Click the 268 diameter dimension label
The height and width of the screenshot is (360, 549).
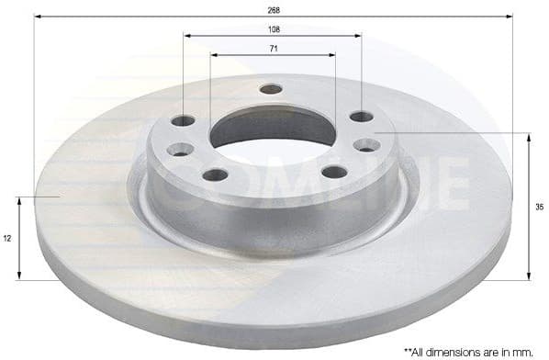[x=273, y=9]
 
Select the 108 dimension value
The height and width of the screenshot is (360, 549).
[x=273, y=29]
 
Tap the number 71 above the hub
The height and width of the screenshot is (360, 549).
[x=273, y=48]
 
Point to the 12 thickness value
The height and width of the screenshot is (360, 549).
[x=7, y=238]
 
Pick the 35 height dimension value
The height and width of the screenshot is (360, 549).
[x=540, y=207]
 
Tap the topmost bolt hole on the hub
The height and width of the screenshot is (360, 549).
[x=271, y=89]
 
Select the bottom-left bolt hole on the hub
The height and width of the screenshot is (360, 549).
[x=215, y=174]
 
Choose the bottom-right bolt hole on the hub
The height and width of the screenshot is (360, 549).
[x=334, y=172]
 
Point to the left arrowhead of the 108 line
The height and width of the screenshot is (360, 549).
[x=187, y=36]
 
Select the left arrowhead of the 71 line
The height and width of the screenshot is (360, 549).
[x=214, y=54]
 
